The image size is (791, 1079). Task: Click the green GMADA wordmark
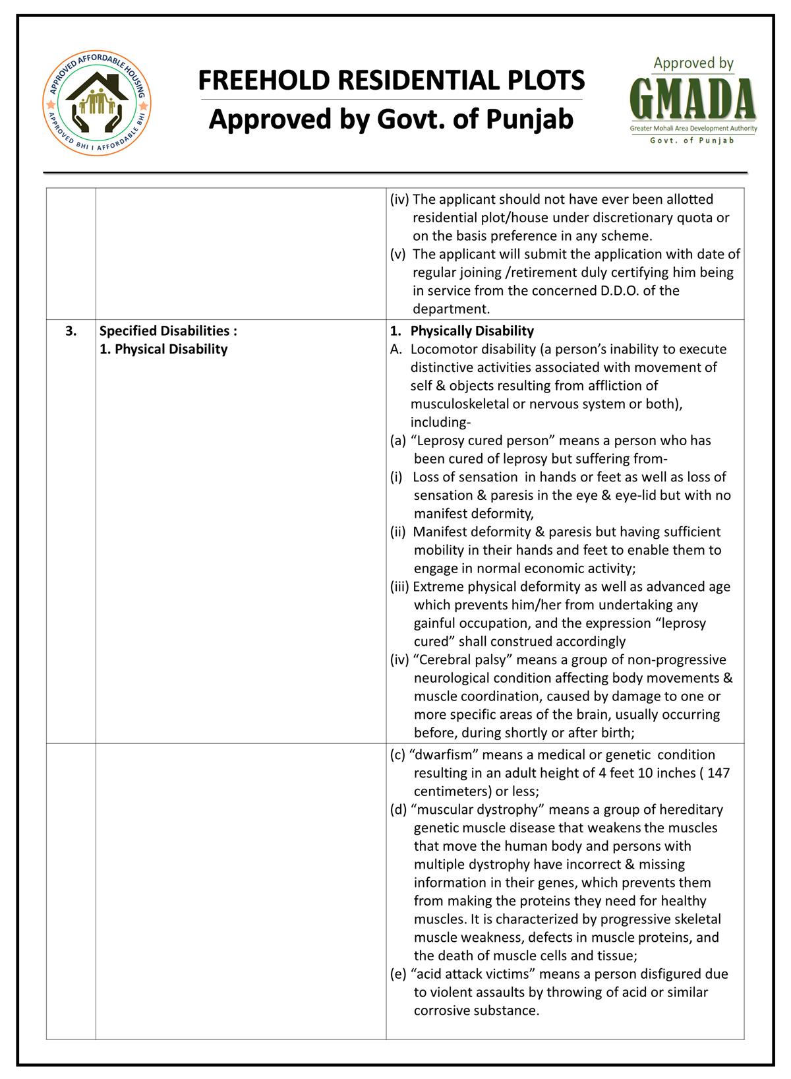(693, 99)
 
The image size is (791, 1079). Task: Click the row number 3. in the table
(71, 330)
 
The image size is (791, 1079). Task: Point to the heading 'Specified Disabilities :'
(168, 330)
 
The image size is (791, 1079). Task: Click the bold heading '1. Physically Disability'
(471, 330)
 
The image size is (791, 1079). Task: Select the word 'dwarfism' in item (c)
(444, 755)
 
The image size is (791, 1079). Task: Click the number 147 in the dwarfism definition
(718, 773)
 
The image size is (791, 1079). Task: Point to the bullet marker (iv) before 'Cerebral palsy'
(399, 660)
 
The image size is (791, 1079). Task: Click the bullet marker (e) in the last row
(397, 973)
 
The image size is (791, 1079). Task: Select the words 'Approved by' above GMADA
(693, 63)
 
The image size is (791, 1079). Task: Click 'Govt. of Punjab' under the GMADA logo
(693, 140)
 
